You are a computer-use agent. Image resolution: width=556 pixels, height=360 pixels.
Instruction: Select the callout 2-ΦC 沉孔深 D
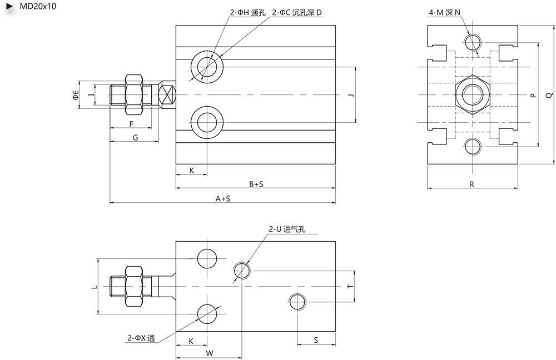coord(297,12)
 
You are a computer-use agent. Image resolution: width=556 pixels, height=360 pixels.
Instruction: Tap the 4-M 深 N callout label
coord(444,12)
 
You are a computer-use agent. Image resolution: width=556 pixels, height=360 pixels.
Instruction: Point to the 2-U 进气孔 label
coord(287,229)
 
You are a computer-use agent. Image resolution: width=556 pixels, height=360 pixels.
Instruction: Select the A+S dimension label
coord(223,198)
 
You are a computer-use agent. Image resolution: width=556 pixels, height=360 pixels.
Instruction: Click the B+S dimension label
coord(256,183)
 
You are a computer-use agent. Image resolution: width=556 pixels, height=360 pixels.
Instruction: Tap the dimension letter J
coord(350,95)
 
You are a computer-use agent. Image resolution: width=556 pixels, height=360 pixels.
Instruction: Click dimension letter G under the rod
coord(135,137)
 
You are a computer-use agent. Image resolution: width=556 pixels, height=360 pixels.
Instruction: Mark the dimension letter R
coord(471,184)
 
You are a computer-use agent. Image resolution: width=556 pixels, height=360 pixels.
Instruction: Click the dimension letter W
coord(209,353)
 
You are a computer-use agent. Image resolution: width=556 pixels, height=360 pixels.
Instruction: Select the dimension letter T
coord(349,286)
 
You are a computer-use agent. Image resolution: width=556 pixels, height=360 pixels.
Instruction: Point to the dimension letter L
coord(94,286)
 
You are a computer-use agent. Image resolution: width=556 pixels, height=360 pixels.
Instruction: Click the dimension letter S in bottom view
coord(316,339)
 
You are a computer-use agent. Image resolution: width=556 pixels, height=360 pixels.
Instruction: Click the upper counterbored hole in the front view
coord(208,67)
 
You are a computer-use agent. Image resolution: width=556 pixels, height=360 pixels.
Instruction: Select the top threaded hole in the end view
coord(474,42)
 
